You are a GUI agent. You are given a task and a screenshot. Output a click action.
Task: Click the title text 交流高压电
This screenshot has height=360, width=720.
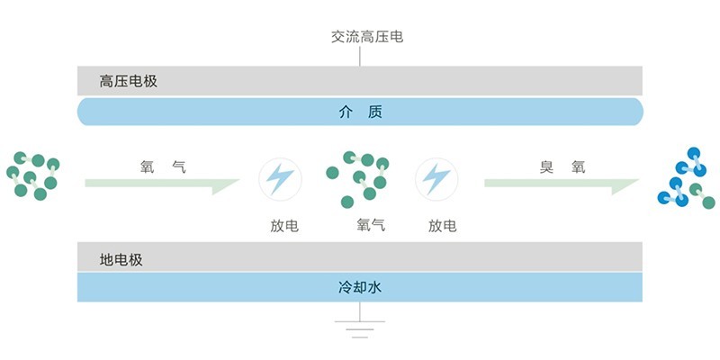(360, 38)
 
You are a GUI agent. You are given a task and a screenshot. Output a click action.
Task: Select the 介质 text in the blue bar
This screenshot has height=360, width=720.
(360, 112)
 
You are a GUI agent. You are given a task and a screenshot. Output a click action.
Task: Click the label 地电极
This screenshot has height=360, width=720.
(121, 260)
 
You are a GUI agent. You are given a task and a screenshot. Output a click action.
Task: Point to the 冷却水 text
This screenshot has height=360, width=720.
(360, 289)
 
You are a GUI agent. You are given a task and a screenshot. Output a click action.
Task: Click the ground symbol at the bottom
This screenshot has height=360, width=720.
(360, 326)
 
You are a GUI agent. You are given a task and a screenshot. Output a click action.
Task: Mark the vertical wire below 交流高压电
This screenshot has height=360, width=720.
(360, 57)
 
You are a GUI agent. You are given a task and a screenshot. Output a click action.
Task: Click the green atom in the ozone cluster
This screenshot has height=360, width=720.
(708, 202)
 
